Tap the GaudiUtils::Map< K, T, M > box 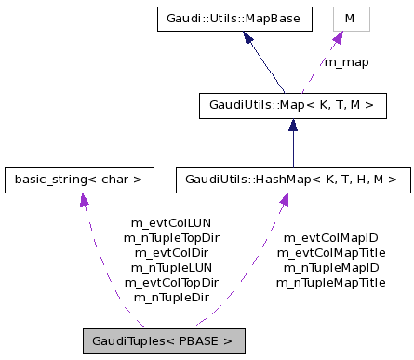(x=292, y=105)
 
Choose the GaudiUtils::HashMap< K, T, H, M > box (x=292, y=178)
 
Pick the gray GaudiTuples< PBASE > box (x=163, y=340)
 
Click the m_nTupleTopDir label (x=171, y=238)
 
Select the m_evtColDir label (x=171, y=252)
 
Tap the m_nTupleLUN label (x=171, y=267)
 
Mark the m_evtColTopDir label (x=171, y=282)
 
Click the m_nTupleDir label (x=171, y=297)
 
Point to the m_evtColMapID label (x=330, y=238)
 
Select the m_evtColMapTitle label (x=330, y=252)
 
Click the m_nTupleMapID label (x=330, y=267)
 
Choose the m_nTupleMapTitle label (x=330, y=282)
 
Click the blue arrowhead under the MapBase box (x=249, y=38)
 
